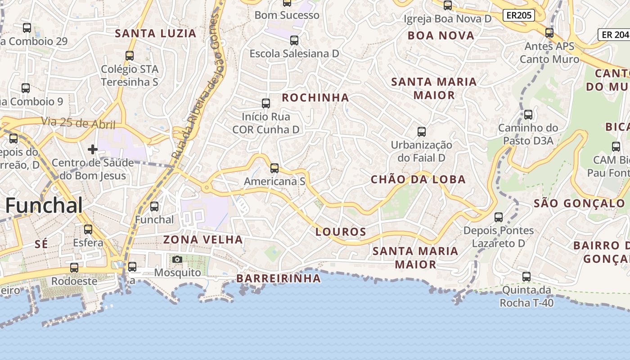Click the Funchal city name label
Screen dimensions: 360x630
(44, 206)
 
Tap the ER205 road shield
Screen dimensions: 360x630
(518, 15)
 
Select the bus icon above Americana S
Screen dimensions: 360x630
(274, 168)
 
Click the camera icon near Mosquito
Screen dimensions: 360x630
(177, 259)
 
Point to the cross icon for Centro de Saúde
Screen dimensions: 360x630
(93, 149)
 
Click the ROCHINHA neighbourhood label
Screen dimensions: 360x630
(315, 98)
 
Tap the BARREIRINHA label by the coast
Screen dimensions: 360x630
(279, 279)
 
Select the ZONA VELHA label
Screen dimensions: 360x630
(203, 239)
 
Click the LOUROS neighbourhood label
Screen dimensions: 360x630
(341, 232)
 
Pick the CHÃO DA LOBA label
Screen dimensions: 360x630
(418, 180)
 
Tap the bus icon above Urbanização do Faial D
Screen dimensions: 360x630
(422, 132)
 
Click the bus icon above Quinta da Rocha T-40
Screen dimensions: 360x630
(526, 277)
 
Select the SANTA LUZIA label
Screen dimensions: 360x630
(156, 33)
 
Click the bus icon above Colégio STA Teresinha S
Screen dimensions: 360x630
(130, 56)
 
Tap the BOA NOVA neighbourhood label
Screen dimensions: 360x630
(441, 36)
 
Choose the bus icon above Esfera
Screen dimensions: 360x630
(88, 229)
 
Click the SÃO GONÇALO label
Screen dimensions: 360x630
(579, 203)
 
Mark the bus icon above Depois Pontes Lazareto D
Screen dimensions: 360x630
(499, 217)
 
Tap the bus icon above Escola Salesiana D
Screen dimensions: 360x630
(294, 40)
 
